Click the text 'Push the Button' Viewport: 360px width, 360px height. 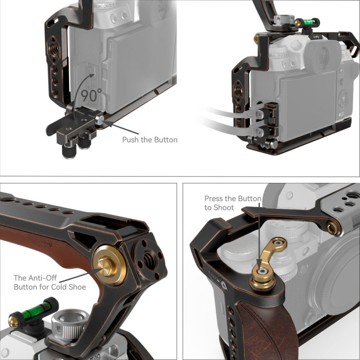coord(150,140)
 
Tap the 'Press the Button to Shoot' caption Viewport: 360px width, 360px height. coord(233,203)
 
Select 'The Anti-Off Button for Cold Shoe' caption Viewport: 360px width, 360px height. coord(50,282)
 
